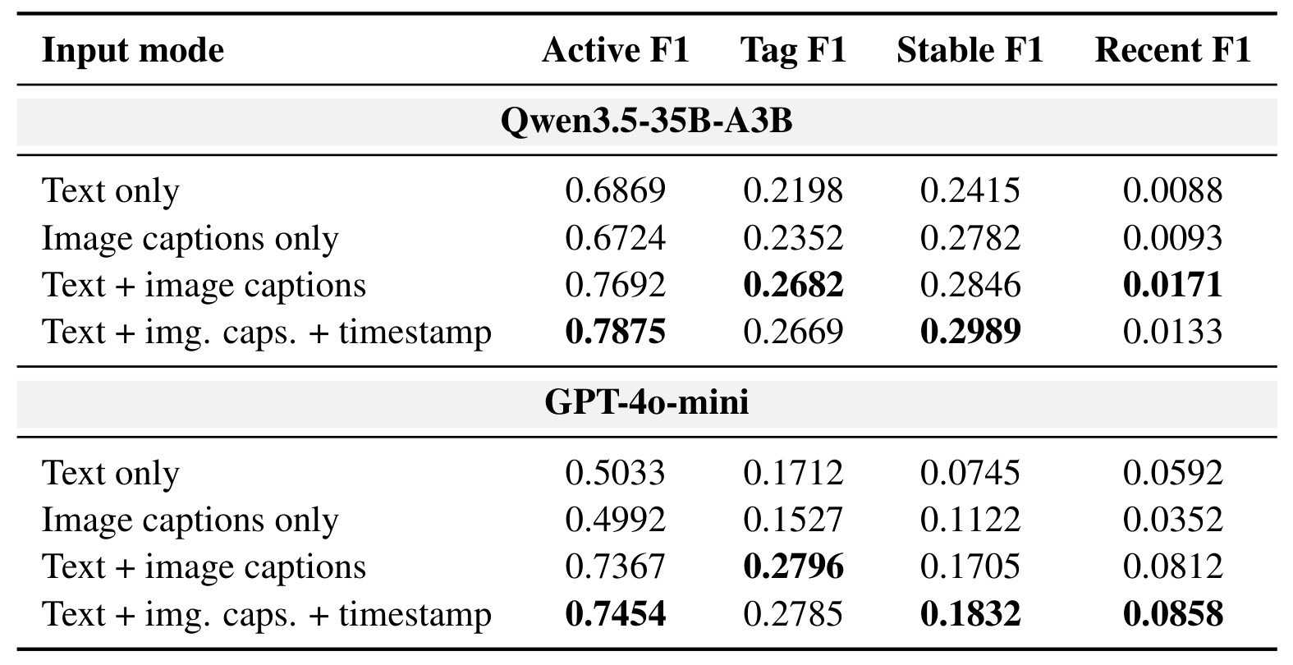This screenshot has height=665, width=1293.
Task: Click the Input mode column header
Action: click(x=133, y=50)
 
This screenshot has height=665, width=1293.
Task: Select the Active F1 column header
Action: click(x=616, y=50)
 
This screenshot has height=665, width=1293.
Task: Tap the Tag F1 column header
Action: click(x=793, y=50)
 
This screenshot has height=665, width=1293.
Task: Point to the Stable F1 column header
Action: click(x=970, y=50)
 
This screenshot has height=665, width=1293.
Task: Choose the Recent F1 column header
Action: click(x=1172, y=50)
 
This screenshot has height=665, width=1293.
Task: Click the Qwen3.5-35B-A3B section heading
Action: click(x=647, y=122)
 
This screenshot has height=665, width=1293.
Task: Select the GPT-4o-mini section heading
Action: click(x=647, y=402)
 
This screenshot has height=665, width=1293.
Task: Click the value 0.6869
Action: click(x=616, y=190)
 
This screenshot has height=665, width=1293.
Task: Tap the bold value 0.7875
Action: click(x=616, y=332)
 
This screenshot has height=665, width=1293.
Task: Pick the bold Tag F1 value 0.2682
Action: click(x=793, y=285)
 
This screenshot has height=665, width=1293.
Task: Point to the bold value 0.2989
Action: click(x=970, y=332)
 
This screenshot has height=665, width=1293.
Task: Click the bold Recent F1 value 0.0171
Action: click(x=1172, y=285)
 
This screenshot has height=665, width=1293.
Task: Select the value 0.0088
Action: click(x=1172, y=190)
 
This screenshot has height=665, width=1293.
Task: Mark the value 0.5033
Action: click(x=616, y=473)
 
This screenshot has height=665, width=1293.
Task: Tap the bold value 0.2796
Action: click(x=793, y=566)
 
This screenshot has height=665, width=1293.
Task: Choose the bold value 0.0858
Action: click(x=1172, y=613)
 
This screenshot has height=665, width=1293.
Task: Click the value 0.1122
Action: click(x=970, y=520)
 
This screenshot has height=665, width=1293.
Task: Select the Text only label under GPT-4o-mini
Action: click(x=110, y=474)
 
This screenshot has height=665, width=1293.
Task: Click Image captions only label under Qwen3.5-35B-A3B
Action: click(x=190, y=238)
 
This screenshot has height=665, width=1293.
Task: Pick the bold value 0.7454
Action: click(x=616, y=613)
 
